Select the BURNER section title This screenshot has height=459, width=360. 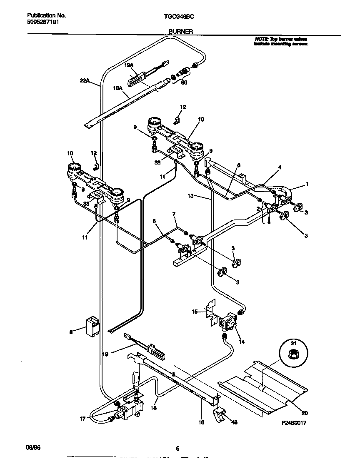tap(180, 31)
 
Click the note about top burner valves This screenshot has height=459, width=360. tap(281, 41)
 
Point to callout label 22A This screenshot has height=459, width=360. tap(84, 81)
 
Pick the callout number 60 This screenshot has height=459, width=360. tap(184, 83)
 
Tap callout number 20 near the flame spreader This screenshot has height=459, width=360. tap(305, 413)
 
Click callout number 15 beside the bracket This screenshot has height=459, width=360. tap(195, 311)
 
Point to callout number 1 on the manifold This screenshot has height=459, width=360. tap(307, 184)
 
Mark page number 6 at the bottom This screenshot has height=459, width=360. tap(177, 448)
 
